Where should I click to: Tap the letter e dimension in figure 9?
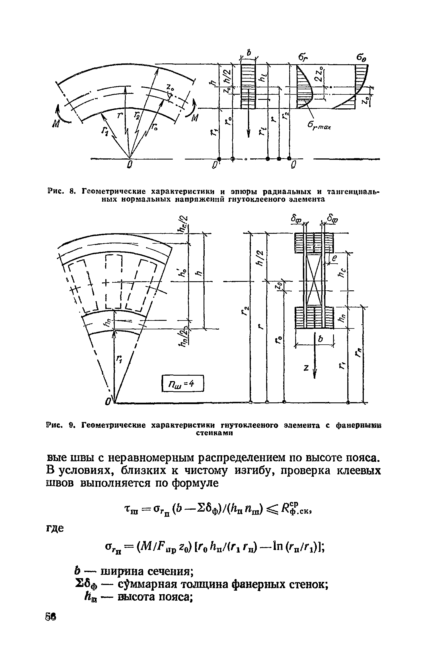(x=335, y=259)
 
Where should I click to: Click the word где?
(x=55, y=529)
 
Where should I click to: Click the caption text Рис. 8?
(x=61, y=191)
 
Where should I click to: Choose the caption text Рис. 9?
(x=61, y=426)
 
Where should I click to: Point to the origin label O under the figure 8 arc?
(x=130, y=165)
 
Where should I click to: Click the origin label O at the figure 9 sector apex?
(x=108, y=402)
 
